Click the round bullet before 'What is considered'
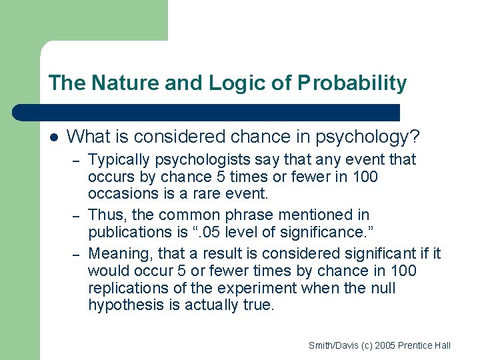(54, 137)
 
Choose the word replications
(123, 288)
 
